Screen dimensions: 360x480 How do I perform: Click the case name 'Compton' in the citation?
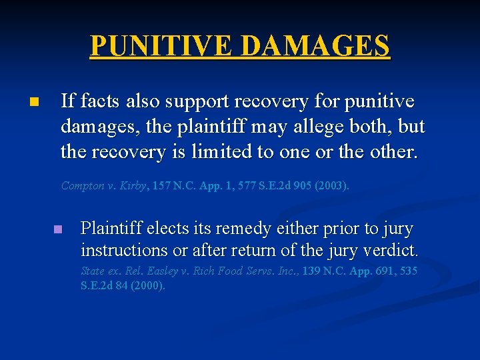point(83,186)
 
